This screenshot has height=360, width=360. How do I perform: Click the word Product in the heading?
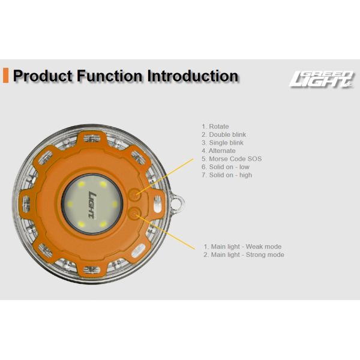click(x=43, y=76)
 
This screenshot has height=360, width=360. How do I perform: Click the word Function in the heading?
click(x=110, y=76)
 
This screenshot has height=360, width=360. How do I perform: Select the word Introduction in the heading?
click(x=193, y=76)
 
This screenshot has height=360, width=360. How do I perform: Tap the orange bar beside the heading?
click(x=5, y=76)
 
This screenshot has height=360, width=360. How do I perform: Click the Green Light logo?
click(x=322, y=79)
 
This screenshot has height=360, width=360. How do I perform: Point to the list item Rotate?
click(x=215, y=127)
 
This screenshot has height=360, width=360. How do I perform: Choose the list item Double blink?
click(x=224, y=134)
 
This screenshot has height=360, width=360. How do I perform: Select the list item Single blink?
click(x=223, y=143)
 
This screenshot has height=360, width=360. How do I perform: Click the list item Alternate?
click(x=218, y=151)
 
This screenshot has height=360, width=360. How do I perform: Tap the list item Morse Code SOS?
click(x=232, y=159)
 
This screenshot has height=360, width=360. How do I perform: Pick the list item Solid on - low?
click(x=226, y=167)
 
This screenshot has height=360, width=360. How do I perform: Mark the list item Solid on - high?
click(x=227, y=175)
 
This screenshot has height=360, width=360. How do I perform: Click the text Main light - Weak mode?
click(x=242, y=247)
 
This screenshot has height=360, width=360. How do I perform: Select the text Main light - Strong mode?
click(x=244, y=254)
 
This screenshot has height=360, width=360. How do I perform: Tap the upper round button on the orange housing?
click(x=134, y=194)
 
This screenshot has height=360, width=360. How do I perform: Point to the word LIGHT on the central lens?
click(x=92, y=204)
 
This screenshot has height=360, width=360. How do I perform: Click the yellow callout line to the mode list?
click(x=165, y=177)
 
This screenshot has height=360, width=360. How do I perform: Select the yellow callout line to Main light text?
click(x=166, y=232)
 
